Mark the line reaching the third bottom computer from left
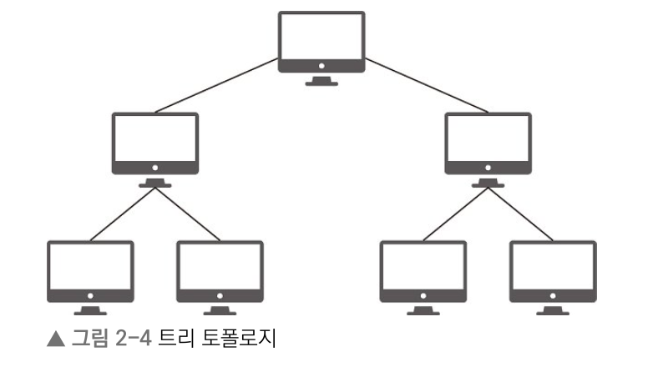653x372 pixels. pyautogui.click(x=455, y=216)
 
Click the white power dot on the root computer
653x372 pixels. pyautogui.click(x=321, y=64)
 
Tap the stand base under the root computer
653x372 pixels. pyautogui.click(x=321, y=83)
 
